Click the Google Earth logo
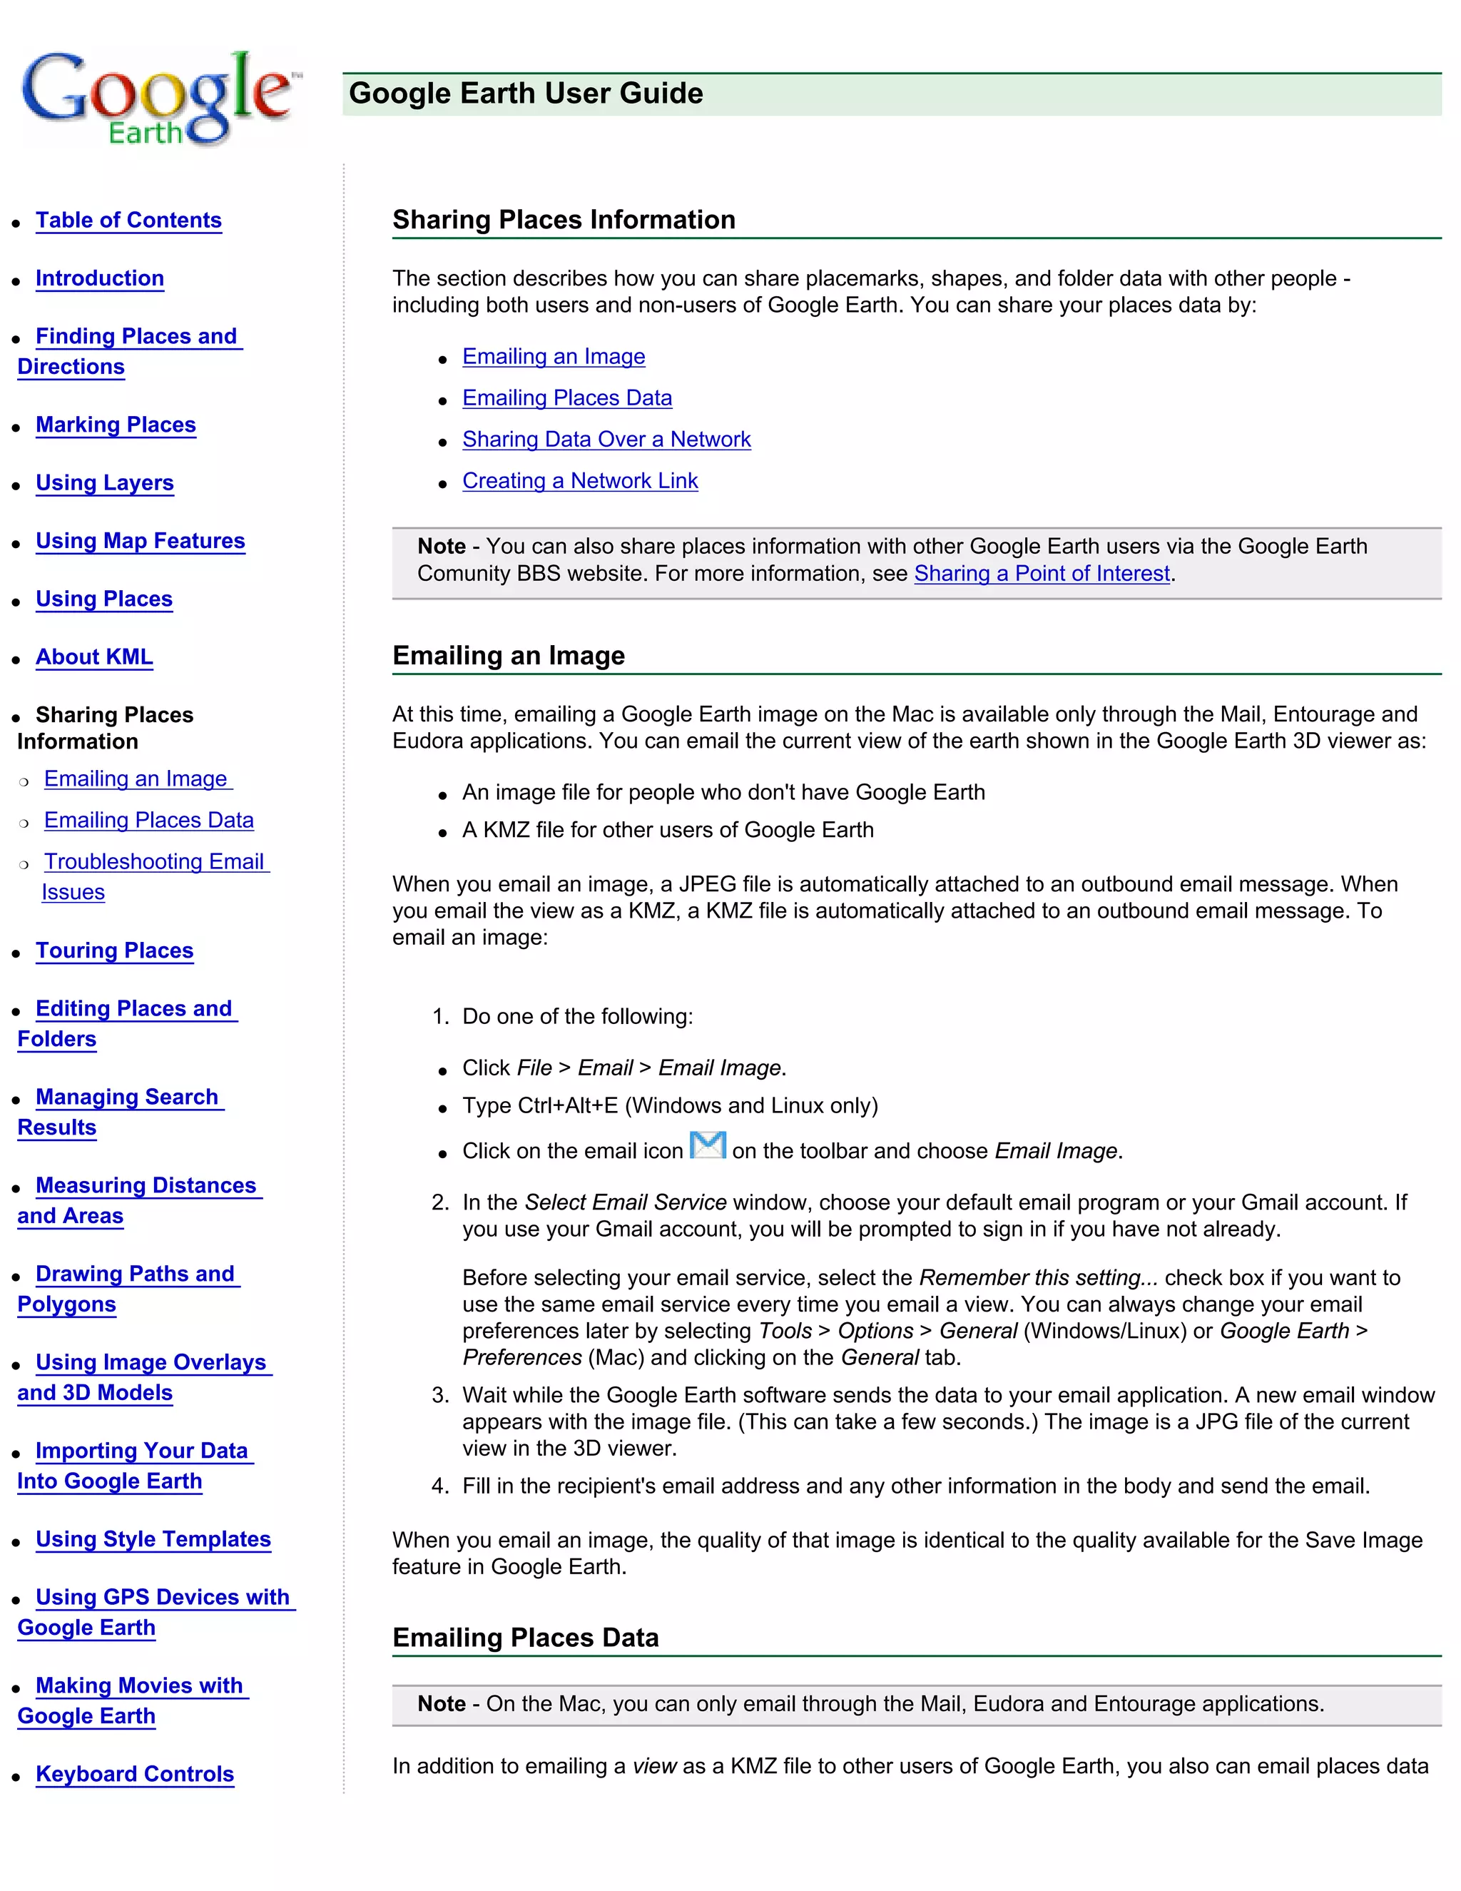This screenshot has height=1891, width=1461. click(158, 98)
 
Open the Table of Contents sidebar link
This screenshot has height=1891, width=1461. click(128, 220)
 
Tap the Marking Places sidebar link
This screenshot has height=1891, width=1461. click(115, 425)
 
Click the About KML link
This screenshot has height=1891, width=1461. click(93, 656)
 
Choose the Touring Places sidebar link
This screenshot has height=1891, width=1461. click(114, 950)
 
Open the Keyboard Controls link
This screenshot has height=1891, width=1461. click(134, 1773)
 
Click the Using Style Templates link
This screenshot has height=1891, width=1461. click(153, 1538)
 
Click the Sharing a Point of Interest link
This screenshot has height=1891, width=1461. click(1042, 573)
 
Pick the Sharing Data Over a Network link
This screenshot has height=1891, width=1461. click(606, 439)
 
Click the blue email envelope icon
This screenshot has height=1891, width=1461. click(707, 1145)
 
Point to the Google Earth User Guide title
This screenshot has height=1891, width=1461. click(525, 93)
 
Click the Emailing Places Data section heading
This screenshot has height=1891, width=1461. click(524, 1637)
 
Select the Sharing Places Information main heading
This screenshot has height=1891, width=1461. click(564, 219)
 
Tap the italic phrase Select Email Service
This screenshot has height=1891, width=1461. click(625, 1202)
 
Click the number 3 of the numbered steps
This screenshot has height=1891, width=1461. click(439, 1395)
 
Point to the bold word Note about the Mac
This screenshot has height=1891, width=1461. click(442, 1703)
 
